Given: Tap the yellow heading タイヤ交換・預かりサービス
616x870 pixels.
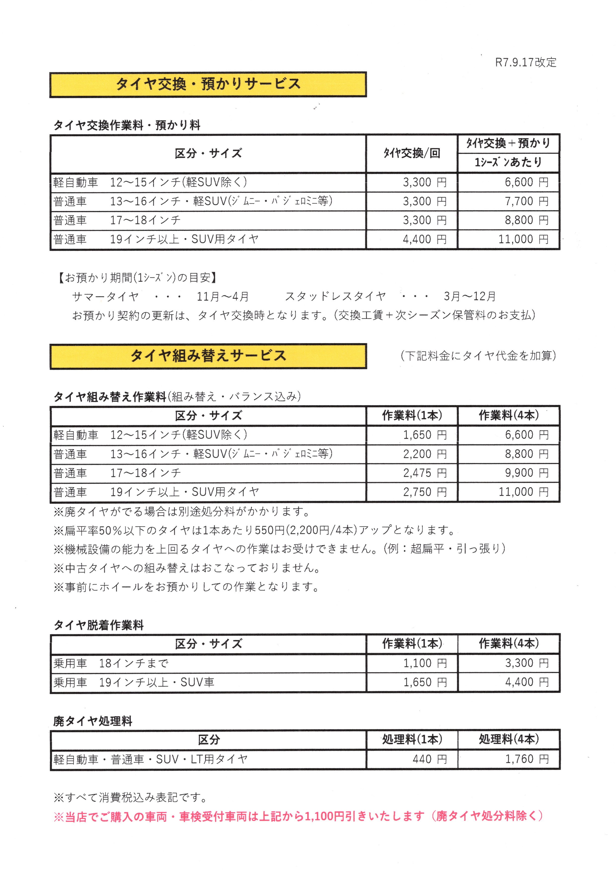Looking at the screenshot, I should (208, 84).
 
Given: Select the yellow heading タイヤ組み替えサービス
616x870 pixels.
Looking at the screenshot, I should (208, 356).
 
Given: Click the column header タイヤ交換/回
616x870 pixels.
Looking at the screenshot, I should (412, 153).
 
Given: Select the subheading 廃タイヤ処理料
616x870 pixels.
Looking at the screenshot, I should (93, 721).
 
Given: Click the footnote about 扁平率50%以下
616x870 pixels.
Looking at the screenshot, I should (254, 530).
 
